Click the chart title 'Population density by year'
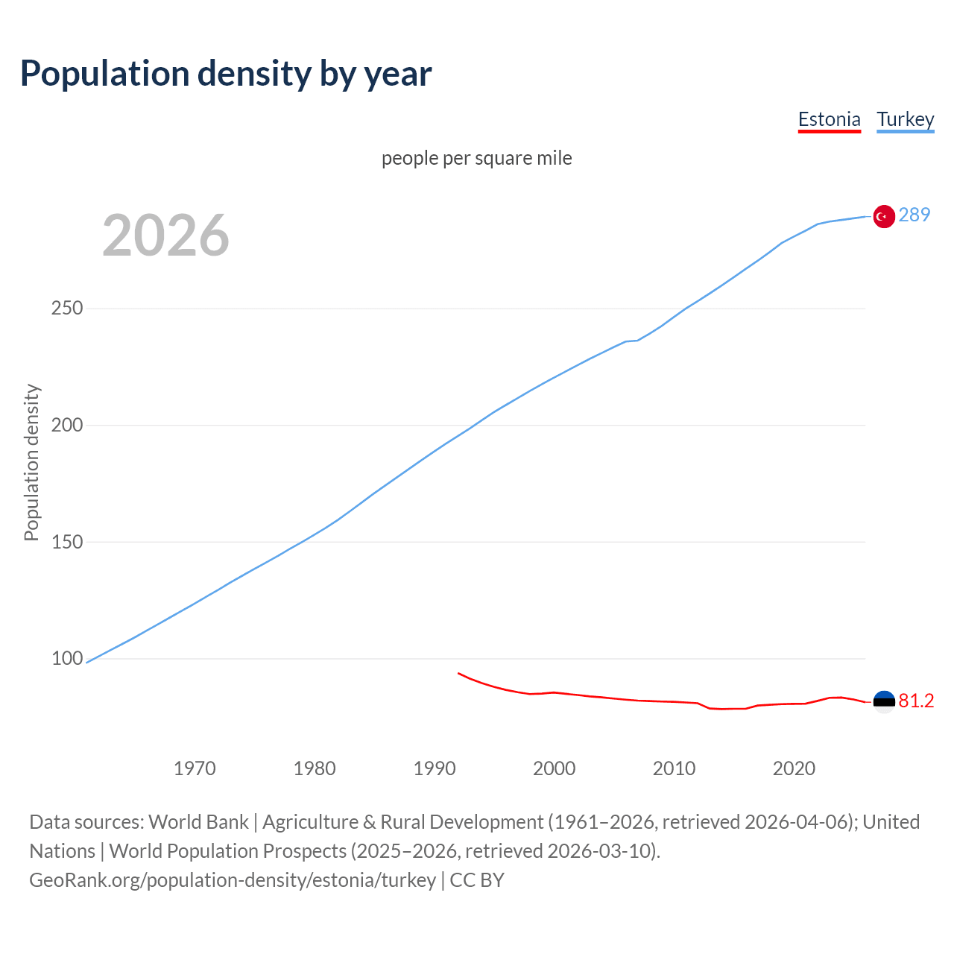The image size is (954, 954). pos(226,74)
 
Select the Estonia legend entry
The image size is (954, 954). pos(829,119)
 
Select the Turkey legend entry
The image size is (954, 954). pos(905,119)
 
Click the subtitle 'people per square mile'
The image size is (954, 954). pos(476,158)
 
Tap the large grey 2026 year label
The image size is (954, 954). pos(165,236)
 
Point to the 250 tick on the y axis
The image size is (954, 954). pos(66,309)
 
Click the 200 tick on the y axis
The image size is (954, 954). pos(66,426)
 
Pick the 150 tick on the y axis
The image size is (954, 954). pos(66,542)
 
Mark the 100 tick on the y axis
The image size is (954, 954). pos(66,659)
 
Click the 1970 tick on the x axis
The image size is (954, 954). pos(195,768)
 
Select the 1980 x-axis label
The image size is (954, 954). pos(315,768)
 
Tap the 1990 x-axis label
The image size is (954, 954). pos(435,768)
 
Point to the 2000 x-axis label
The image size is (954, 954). pos(554,768)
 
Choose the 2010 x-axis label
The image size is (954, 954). pos(674,768)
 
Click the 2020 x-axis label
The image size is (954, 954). pos(794,768)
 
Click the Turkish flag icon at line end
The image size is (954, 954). pos(884,216)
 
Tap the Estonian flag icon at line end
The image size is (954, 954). pos(884,702)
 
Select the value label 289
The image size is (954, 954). pos(914,215)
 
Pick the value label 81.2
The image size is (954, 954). pos(916,701)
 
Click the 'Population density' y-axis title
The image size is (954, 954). pos(31,462)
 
